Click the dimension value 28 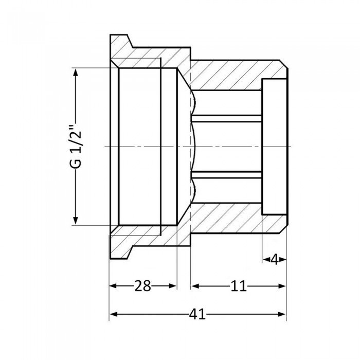(x=142, y=286)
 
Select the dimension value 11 (x=238, y=286)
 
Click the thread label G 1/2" (x=76, y=146)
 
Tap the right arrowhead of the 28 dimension (x=173, y=286)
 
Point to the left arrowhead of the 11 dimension (x=194, y=286)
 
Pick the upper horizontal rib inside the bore (x=226, y=118)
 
